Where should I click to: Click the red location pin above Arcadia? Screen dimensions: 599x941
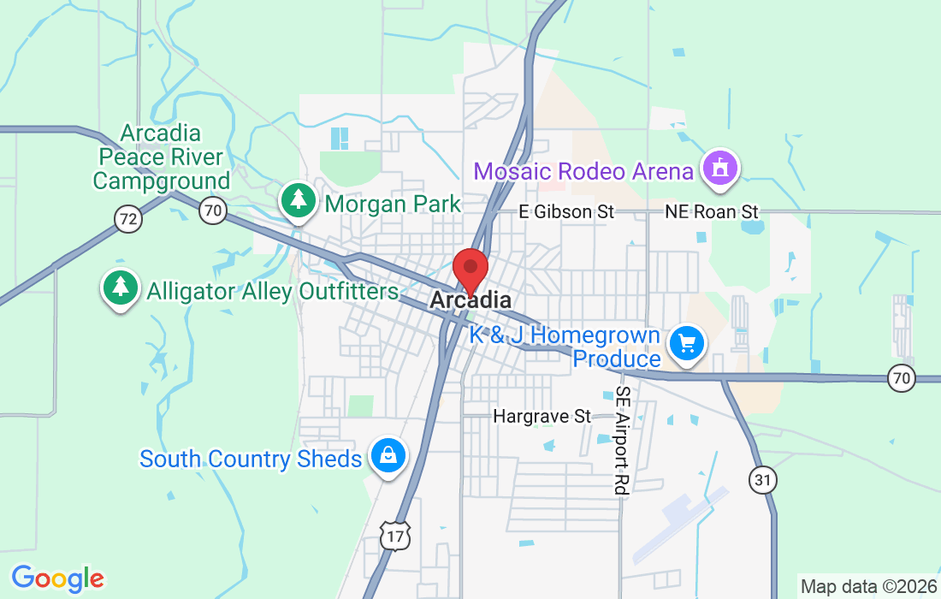pyautogui.click(x=470, y=269)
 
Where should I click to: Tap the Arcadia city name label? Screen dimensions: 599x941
pyautogui.click(x=470, y=300)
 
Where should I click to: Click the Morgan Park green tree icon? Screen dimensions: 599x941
pyautogui.click(x=299, y=201)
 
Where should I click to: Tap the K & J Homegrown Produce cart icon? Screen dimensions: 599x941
pyautogui.click(x=687, y=344)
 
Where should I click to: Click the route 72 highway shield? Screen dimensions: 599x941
pyautogui.click(x=128, y=220)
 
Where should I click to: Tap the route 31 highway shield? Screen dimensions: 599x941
pyautogui.click(x=762, y=480)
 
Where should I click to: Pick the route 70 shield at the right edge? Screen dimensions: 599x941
pyautogui.click(x=902, y=377)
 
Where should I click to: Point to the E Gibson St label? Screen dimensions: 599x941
pyautogui.click(x=568, y=211)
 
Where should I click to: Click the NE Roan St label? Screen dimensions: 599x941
pyautogui.click(x=713, y=211)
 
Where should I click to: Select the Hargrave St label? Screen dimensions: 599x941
pyautogui.click(x=542, y=417)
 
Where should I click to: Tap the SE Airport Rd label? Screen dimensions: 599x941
pyautogui.click(x=622, y=441)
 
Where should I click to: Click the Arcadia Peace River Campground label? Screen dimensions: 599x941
pyautogui.click(x=161, y=157)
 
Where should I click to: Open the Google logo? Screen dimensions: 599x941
pyautogui.click(x=57, y=579)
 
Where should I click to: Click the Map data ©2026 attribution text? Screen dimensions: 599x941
pyautogui.click(x=867, y=587)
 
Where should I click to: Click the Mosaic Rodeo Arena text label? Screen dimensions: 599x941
pyautogui.click(x=583, y=171)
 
